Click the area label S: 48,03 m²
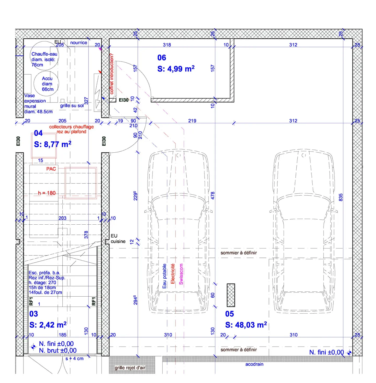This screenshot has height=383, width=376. click(x=246, y=325)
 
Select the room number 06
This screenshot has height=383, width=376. click(x=162, y=58)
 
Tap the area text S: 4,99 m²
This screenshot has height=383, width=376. click(x=176, y=69)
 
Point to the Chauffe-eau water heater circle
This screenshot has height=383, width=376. click(x=44, y=56)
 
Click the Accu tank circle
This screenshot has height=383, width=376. click(x=46, y=84)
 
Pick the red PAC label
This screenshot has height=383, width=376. click(x=51, y=169)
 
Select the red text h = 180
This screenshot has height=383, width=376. click(x=47, y=193)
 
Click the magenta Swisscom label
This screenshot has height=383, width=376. click(x=181, y=274)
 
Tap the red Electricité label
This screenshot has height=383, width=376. click(x=173, y=274)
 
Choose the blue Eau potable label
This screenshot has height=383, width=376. click(x=164, y=276)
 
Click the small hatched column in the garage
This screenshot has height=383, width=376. click(x=231, y=295)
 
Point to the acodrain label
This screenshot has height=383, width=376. click(x=254, y=364)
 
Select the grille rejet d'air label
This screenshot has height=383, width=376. click(x=130, y=368)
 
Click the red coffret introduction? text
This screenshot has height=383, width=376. click(x=112, y=74)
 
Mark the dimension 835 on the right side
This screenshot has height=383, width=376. click(x=340, y=197)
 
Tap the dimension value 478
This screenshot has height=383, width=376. click(x=213, y=196)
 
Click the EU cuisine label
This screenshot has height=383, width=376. click(x=118, y=239)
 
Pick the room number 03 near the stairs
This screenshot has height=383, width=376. click(x=34, y=314)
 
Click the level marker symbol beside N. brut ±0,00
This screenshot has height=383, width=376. click(x=33, y=347)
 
